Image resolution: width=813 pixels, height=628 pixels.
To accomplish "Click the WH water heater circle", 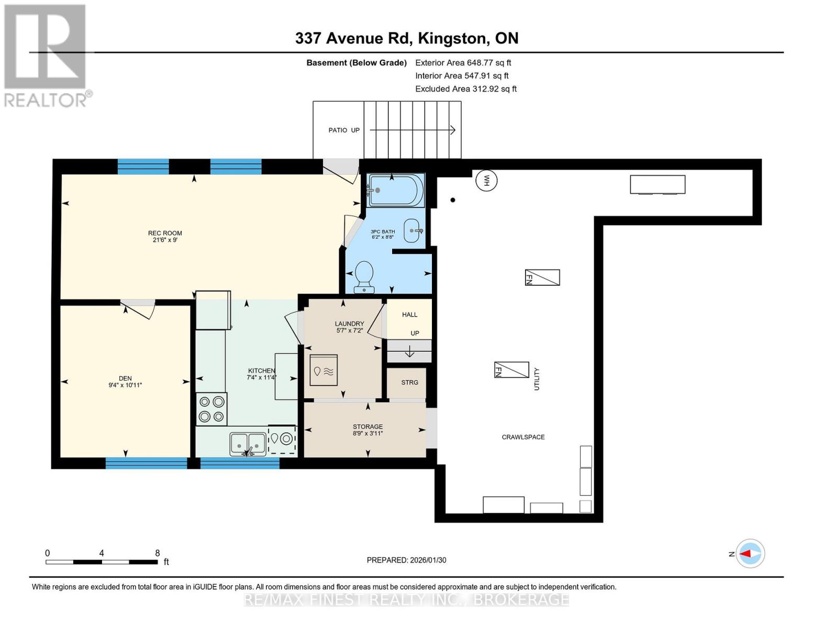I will (486, 181).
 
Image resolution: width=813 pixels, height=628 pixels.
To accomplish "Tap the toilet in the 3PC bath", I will (364, 276).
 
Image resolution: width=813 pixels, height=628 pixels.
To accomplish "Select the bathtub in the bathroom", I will (396, 190).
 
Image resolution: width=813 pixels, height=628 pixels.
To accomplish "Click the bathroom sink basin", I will (413, 231).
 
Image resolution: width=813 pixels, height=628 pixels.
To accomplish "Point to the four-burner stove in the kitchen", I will (211, 409).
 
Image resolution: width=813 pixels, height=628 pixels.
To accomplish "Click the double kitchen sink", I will (248, 444).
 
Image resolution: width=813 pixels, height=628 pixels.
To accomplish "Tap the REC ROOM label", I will (165, 233).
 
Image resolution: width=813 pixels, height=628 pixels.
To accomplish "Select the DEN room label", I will (125, 378).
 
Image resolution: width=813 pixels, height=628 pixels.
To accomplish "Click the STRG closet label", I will (409, 383).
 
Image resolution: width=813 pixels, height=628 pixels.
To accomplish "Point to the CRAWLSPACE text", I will (523, 437).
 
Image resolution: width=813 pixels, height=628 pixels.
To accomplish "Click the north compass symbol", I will (750, 553).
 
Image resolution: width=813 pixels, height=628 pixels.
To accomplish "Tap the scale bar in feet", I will (102, 562).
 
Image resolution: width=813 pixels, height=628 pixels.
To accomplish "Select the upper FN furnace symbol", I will (542, 277).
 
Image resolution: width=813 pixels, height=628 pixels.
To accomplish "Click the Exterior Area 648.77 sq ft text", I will (463, 63).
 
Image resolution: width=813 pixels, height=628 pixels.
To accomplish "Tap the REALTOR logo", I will (46, 55).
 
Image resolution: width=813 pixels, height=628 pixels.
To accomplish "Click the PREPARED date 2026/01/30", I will (406, 560).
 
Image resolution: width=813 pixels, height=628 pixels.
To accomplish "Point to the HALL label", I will (409, 315).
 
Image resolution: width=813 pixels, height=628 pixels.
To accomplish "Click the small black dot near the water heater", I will (453, 200).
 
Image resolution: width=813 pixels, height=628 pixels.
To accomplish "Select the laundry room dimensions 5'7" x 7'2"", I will (349, 330).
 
